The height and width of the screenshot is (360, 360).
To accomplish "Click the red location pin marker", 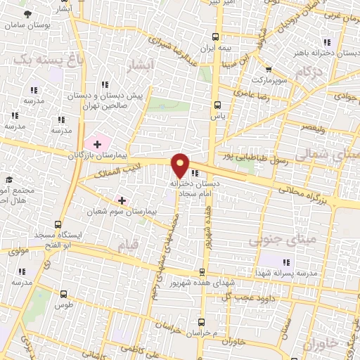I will tap(181, 165).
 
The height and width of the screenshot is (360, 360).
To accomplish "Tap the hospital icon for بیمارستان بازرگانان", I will tap(97, 143).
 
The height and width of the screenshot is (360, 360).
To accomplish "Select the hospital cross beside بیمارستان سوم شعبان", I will tap(123, 200).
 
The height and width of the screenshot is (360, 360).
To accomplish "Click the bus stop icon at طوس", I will tap(64, 295).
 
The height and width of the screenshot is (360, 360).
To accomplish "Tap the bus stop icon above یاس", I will tap(217, 105).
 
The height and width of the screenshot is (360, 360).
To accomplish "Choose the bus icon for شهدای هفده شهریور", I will tap(202, 273).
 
